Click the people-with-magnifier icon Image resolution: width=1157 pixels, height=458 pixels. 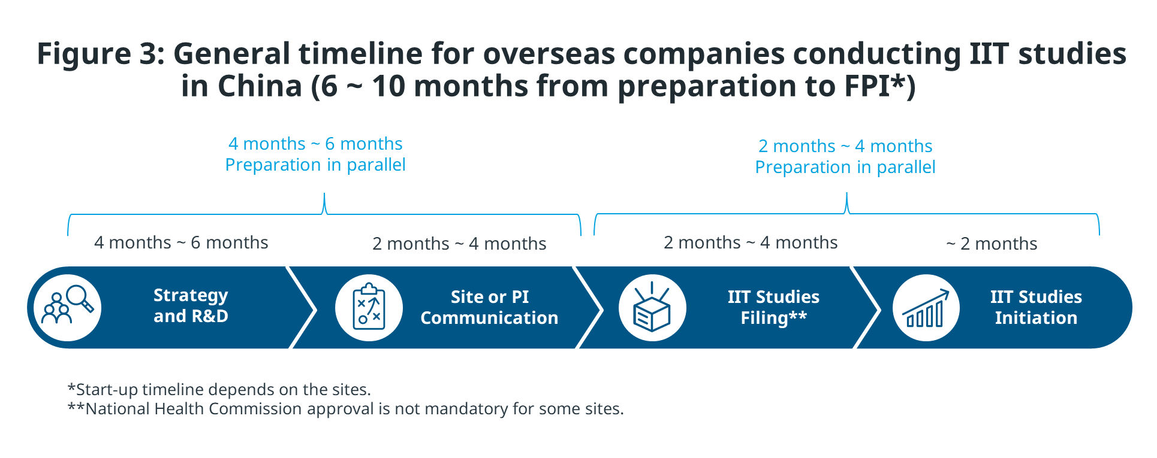click(68, 308)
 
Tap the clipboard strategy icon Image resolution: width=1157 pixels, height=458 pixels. click(369, 308)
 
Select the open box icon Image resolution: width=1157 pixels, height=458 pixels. click(652, 308)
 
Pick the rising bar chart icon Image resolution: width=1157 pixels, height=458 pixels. click(926, 308)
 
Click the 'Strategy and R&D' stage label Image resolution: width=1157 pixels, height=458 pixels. click(191, 306)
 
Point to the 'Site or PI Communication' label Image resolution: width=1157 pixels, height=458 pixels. click(489, 307)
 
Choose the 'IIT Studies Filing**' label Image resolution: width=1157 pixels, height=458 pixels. click(773, 307)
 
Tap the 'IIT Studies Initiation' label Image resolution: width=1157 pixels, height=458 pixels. click(1036, 307)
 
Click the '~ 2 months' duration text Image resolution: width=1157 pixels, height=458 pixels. click(992, 244)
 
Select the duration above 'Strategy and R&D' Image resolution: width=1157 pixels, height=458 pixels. click(181, 242)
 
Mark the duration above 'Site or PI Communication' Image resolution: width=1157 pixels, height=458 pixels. click(459, 244)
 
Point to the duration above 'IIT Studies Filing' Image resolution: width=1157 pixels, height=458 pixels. click(751, 242)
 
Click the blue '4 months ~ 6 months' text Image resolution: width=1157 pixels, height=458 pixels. click(315, 144)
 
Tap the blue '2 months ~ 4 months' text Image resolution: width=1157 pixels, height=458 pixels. click(845, 146)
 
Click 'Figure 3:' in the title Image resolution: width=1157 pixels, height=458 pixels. click(101, 54)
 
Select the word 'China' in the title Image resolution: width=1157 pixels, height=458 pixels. click(260, 86)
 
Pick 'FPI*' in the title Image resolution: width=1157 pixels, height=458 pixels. click(875, 86)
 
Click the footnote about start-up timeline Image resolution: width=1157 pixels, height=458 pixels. click(219, 390)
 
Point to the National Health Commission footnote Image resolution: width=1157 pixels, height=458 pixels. click(346, 409)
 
